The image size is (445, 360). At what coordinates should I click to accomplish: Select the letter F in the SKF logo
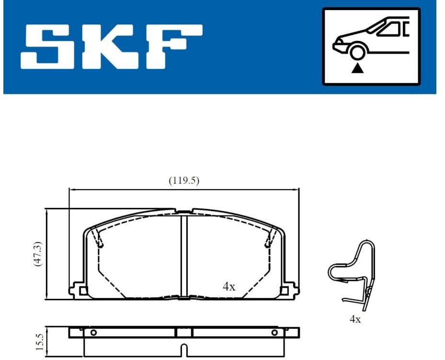coord(174,46)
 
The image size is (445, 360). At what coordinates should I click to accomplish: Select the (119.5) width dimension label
coord(184,180)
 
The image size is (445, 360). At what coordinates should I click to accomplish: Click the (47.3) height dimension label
coord(38,254)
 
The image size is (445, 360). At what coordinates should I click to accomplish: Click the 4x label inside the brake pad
coord(229,287)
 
